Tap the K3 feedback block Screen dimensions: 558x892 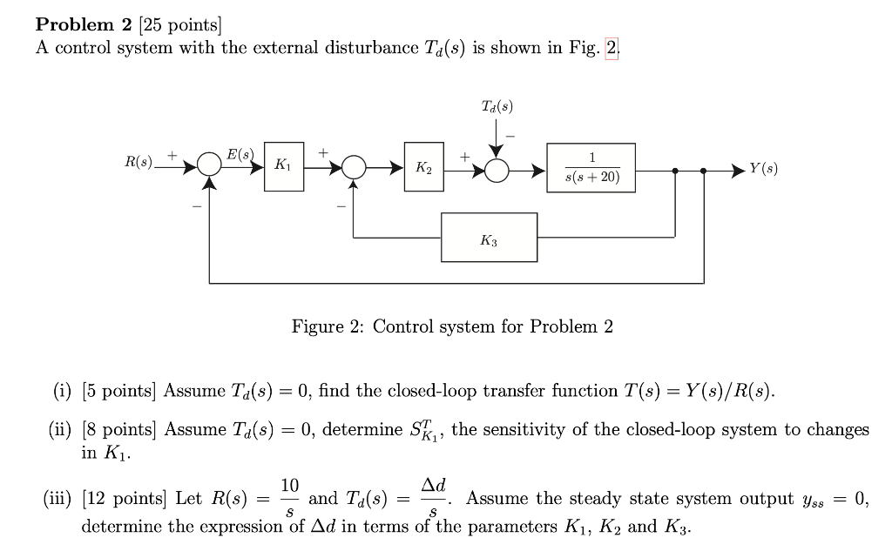click(489, 237)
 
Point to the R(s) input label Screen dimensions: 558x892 click(138, 162)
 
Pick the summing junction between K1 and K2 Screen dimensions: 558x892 click(353, 165)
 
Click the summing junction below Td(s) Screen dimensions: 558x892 click(497, 171)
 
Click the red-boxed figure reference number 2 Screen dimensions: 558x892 click(612, 48)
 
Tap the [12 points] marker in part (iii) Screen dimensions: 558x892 click(128, 499)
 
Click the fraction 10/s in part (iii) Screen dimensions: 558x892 click(289, 499)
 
